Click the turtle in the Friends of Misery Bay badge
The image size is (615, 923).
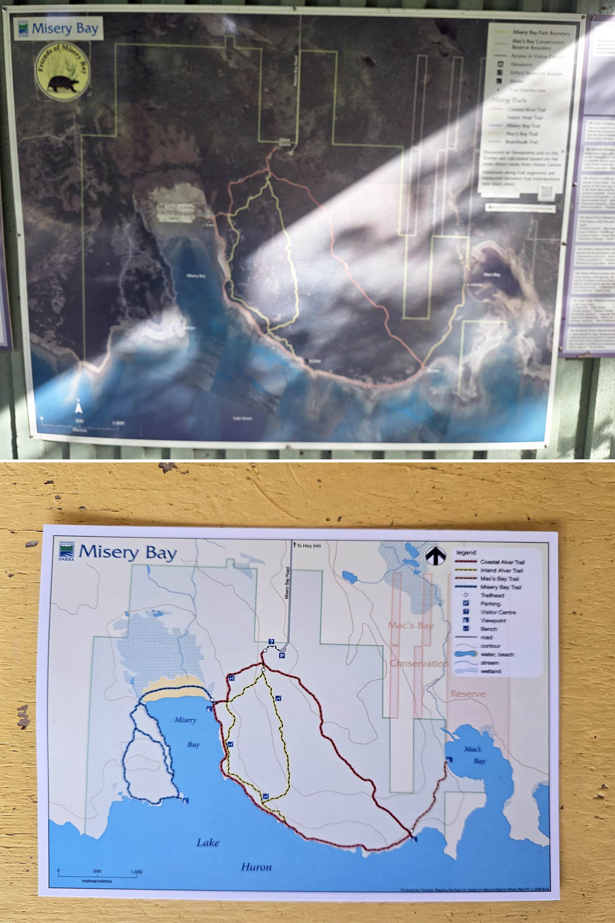tap(63, 84)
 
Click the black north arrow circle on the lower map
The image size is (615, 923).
tap(435, 556)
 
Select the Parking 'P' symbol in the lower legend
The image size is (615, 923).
tap(465, 604)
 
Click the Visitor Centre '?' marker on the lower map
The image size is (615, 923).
tap(271, 642)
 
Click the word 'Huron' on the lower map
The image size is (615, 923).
tap(256, 867)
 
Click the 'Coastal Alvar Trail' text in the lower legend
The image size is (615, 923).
tap(502, 562)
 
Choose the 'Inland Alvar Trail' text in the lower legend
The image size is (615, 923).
tap(501, 571)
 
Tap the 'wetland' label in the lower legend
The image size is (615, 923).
tap(490, 671)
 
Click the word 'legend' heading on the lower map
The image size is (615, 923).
tap(466, 553)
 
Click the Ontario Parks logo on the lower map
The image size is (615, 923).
tap(66, 551)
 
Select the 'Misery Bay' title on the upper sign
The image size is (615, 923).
tap(65, 28)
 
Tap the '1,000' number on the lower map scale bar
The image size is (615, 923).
tap(136, 871)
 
